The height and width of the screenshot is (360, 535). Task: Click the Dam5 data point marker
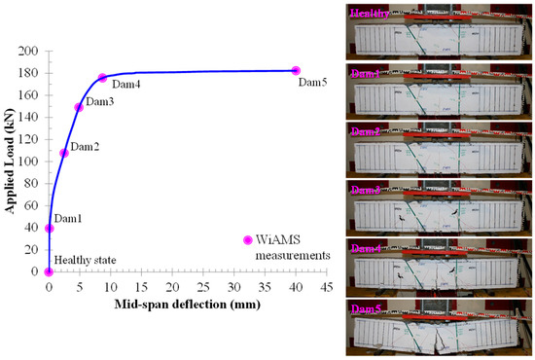coord(296,70)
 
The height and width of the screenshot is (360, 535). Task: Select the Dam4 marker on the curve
coord(102,78)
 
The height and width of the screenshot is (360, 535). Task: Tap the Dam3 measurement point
coord(79,107)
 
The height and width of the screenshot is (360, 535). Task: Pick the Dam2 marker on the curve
coord(64,153)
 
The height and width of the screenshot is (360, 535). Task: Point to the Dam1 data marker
coord(50,229)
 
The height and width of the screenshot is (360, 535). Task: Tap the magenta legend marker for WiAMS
coord(246,239)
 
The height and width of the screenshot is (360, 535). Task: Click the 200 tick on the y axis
coord(30,51)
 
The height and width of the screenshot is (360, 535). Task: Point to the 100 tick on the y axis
coord(30,162)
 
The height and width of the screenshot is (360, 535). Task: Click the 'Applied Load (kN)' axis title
coord(9,161)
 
